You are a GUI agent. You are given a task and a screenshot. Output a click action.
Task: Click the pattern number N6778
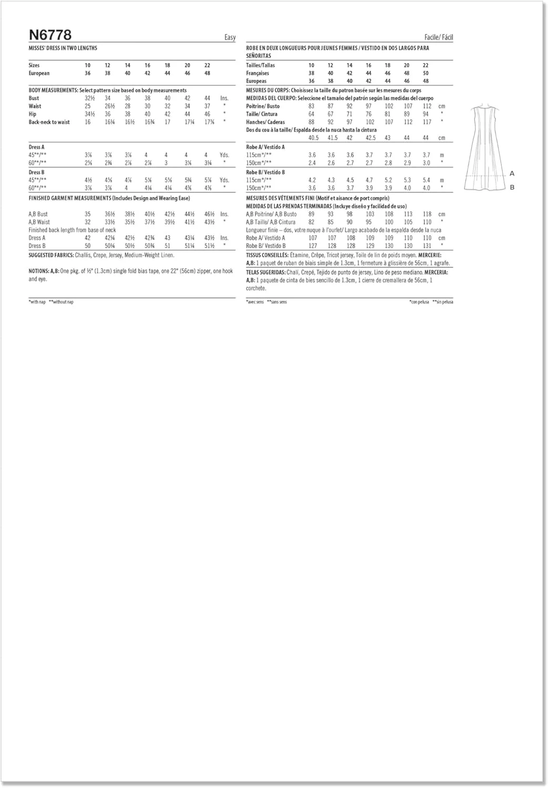click(x=50, y=35)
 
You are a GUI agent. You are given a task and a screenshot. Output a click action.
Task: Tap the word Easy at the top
click(x=230, y=37)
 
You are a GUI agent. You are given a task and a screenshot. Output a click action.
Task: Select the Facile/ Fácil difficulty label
click(x=438, y=37)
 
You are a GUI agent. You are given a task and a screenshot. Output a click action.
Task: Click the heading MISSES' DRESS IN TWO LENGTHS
click(x=63, y=48)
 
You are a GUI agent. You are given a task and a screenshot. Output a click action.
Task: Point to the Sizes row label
click(x=34, y=65)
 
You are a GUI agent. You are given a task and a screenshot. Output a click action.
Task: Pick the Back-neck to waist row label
click(x=49, y=122)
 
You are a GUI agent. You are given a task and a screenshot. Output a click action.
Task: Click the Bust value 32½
click(x=90, y=98)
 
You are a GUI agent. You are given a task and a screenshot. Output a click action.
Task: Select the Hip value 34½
click(x=90, y=114)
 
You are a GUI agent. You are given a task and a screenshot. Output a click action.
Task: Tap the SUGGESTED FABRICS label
click(x=49, y=255)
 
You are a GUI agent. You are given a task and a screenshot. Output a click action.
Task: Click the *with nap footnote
click(x=37, y=302)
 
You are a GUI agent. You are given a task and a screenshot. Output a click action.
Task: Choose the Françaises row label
click(x=257, y=73)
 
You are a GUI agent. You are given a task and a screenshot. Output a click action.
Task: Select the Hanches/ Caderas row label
click(x=265, y=122)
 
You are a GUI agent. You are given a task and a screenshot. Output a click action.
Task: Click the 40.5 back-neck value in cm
click(x=313, y=138)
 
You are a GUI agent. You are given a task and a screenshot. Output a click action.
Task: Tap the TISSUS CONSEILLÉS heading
click(x=267, y=255)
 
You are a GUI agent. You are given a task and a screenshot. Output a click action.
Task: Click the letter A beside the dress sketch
click(x=512, y=174)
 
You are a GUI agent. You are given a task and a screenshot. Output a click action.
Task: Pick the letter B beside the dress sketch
click(x=512, y=188)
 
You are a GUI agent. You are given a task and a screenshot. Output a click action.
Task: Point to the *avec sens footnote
click(x=255, y=302)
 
